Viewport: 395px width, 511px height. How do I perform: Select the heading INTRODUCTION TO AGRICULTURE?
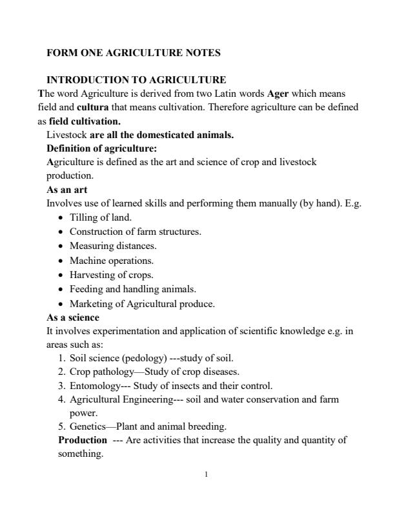pos(136,80)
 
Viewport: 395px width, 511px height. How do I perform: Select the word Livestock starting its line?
pos(67,135)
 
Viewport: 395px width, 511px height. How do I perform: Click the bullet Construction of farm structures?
pos(135,231)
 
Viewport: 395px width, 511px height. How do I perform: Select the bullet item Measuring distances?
pos(113,245)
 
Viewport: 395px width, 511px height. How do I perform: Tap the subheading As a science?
pos(73,317)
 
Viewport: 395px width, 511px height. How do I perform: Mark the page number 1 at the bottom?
pos(205,476)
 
